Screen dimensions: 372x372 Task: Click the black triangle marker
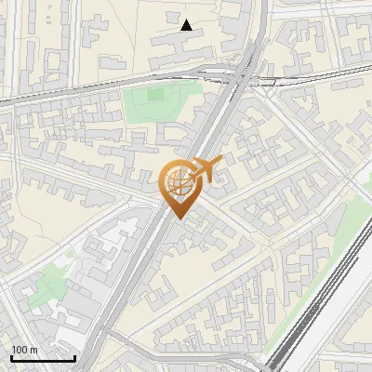coord(187,25)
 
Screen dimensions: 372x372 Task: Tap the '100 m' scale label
coord(24,350)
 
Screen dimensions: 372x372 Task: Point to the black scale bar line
coord(43,358)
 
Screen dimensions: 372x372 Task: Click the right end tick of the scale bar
coord(74,356)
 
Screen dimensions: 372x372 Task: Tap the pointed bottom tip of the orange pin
coord(177,217)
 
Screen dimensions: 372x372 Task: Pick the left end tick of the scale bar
coord(11,356)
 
